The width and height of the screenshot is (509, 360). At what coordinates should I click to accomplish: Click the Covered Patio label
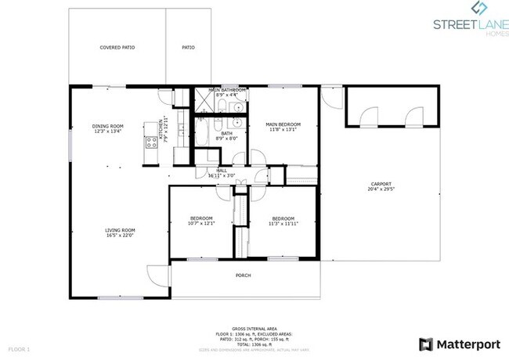coord(117,48)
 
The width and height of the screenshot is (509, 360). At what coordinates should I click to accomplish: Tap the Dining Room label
coord(108,128)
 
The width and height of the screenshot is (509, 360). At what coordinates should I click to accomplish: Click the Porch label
coord(244,275)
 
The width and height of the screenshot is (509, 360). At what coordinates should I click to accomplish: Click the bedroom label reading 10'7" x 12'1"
coord(201,221)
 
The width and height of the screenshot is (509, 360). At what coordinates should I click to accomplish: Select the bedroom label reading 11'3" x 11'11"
coord(283,221)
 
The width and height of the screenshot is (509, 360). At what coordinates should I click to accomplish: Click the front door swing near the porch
coord(157,275)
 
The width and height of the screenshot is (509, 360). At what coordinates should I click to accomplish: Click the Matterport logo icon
coord(426,344)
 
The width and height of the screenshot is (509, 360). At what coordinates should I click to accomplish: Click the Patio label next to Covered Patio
coord(189,48)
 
